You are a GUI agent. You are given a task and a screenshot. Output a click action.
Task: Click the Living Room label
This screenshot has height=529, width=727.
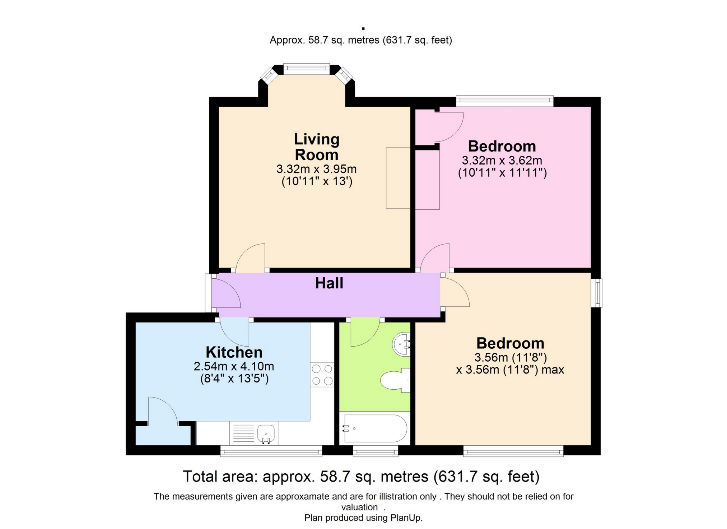(317, 147)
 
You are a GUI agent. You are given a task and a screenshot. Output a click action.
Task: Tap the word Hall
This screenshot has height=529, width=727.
(329, 283)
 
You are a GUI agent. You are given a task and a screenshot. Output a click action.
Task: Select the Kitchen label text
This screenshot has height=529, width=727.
(234, 352)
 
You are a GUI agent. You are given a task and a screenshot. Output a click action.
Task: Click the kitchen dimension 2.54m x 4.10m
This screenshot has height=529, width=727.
(234, 366)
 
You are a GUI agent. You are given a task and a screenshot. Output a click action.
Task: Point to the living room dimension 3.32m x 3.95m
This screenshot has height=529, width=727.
(317, 169)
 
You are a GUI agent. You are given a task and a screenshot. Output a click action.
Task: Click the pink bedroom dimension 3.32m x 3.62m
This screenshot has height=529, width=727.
(502, 160)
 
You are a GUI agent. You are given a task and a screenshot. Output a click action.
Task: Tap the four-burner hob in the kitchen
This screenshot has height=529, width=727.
(322, 375)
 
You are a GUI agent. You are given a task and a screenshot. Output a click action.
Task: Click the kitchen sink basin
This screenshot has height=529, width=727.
(266, 433)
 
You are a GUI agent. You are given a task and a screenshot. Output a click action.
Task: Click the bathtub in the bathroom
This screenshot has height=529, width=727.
(375, 428)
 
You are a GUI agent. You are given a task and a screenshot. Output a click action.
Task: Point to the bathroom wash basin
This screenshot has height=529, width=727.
(401, 344)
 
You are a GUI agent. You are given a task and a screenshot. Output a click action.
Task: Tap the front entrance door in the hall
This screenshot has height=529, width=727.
(226, 294)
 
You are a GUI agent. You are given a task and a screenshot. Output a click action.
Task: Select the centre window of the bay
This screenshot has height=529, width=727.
(307, 69)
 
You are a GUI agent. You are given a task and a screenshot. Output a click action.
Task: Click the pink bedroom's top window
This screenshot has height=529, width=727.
(505, 101)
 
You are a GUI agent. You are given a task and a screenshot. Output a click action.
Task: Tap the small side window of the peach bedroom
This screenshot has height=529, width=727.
(597, 293)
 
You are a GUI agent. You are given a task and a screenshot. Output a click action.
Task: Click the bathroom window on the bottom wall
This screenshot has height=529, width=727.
(376, 451)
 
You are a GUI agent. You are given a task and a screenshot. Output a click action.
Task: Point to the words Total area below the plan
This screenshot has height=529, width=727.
(220, 477)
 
